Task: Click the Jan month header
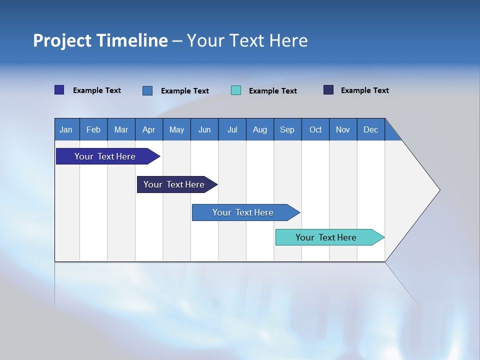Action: pos(66,129)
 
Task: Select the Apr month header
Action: pos(148,129)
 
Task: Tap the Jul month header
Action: pos(232,129)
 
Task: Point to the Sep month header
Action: pos(287,129)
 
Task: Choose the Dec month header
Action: pos(370,129)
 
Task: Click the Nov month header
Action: pos(342,129)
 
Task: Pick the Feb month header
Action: pos(93,129)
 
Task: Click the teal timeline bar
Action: pos(326,237)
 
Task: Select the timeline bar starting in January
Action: pos(105,156)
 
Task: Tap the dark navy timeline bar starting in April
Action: pos(174,184)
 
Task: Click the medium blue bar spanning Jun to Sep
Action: pos(243,212)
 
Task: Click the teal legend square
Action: pos(236,90)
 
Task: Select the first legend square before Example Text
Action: pos(59,90)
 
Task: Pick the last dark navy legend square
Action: pos(328,90)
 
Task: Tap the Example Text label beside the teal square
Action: pos(272,91)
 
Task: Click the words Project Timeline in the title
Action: pos(100,40)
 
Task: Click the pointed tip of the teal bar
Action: pos(383,237)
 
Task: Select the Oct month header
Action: pos(315,129)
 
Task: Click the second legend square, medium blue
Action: pos(147,90)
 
